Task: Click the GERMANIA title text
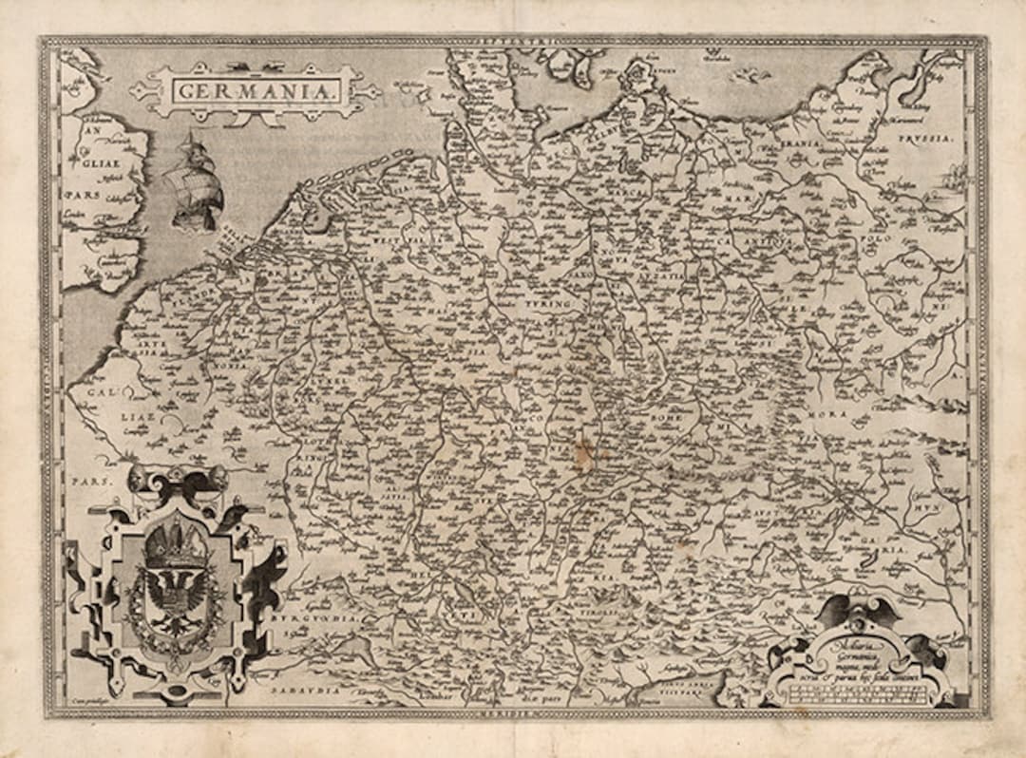coord(255,91)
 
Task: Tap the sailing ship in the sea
coord(196,183)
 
